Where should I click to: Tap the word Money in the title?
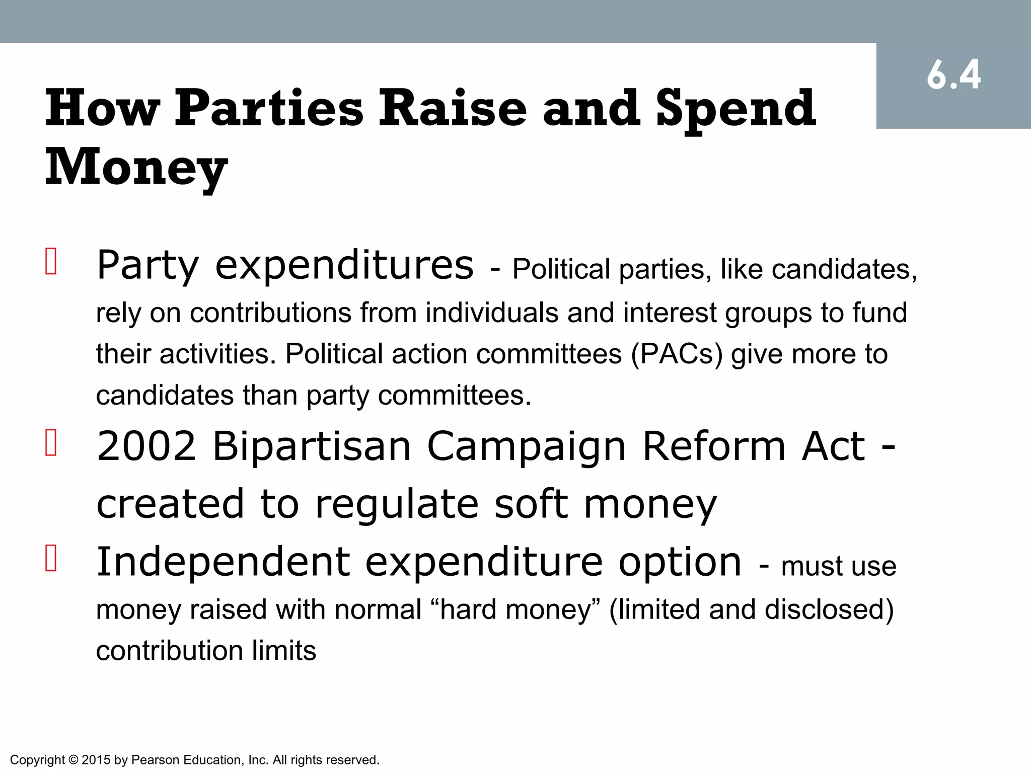coord(136,167)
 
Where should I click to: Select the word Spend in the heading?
coord(735,109)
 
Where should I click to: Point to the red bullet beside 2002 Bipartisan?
coord(51,442)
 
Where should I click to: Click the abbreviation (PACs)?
coord(677,354)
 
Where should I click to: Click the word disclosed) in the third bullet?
coord(829,609)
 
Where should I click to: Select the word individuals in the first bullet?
coord(492,313)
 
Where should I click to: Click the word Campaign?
coord(527,447)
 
